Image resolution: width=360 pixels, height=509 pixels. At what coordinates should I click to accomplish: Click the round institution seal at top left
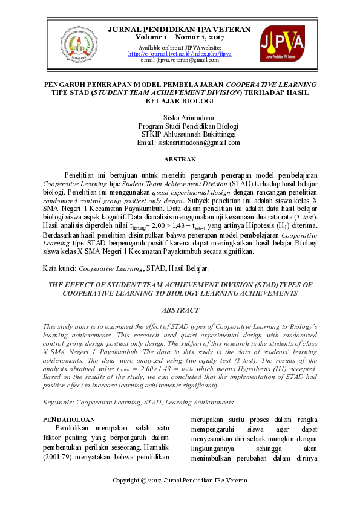coord(78,42)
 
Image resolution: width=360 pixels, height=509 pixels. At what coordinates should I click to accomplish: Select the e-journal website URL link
coord(180,53)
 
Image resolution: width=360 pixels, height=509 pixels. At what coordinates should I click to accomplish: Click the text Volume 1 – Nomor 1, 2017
coord(180,37)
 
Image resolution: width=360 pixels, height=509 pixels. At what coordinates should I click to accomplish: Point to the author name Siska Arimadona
coord(180,116)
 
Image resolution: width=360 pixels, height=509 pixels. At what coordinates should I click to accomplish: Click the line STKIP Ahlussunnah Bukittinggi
coord(180,134)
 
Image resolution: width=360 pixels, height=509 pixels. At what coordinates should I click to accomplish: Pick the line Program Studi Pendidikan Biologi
coord(180,125)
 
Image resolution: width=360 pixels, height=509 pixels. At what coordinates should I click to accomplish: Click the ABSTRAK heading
coord(180,159)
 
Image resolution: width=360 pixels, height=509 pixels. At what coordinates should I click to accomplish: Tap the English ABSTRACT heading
coord(180,310)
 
